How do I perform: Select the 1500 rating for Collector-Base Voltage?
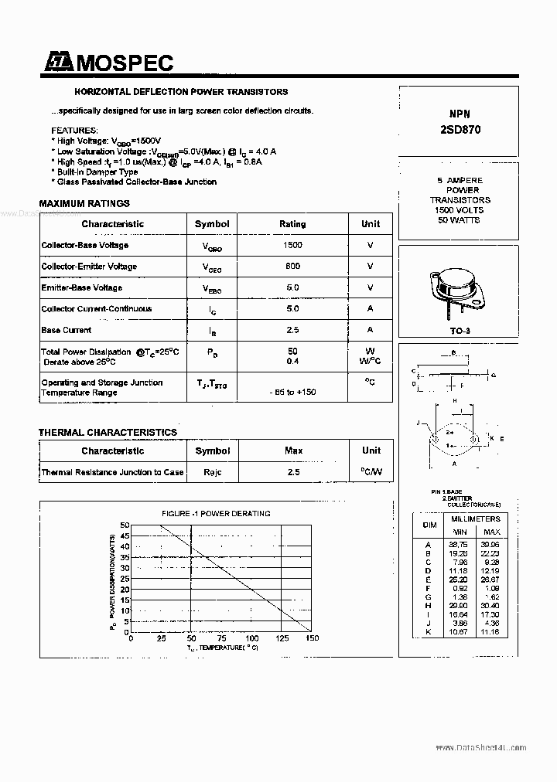point(292,245)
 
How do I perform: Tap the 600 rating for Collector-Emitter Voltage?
point(292,267)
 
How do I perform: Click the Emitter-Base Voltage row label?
point(82,287)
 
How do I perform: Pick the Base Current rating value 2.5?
point(292,330)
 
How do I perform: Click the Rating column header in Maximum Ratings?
point(292,224)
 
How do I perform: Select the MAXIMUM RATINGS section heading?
point(84,204)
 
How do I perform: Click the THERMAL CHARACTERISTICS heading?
point(108,433)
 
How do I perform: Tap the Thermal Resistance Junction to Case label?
point(112,472)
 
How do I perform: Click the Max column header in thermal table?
point(293,450)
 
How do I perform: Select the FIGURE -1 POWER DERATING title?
point(216,513)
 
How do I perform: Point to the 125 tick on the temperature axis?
point(282,639)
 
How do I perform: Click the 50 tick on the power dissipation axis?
point(125,525)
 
